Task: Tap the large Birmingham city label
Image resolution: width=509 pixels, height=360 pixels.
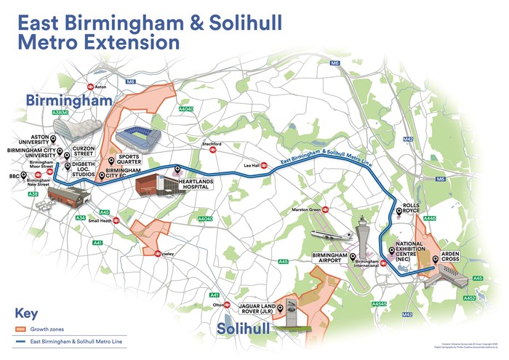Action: tap(68, 99)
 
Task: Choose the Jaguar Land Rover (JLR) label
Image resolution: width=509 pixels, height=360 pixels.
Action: tap(259, 310)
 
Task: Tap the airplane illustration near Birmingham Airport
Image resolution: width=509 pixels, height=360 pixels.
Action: tap(330, 236)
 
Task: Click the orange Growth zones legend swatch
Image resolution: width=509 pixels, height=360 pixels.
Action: tap(26, 329)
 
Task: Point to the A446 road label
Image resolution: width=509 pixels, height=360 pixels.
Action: tap(430, 218)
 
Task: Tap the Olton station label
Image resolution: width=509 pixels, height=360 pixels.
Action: tap(217, 305)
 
